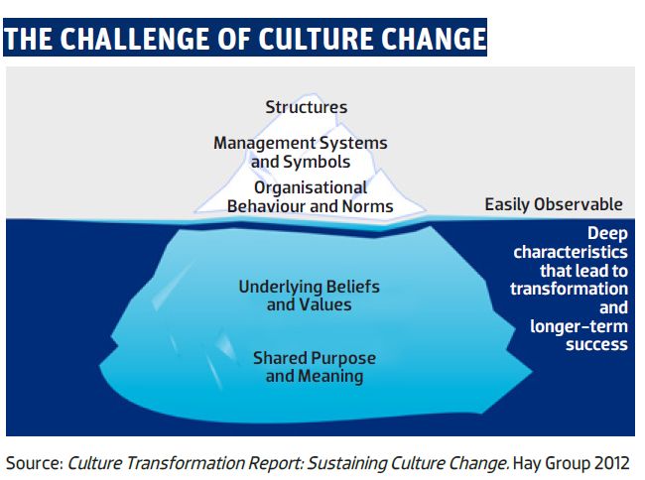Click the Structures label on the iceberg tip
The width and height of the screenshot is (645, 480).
pos(306,107)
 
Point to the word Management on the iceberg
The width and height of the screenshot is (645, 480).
pos(264,143)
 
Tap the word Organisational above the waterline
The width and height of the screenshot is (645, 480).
pos(311,187)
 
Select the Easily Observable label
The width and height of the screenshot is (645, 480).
pos(554,204)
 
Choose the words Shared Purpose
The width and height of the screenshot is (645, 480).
pos(315,358)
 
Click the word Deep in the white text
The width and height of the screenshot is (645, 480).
pos(607,233)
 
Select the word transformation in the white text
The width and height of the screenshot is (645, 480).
pos(569,289)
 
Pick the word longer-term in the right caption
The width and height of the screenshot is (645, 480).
pos(579,326)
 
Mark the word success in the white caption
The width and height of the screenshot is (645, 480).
pos(596,344)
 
